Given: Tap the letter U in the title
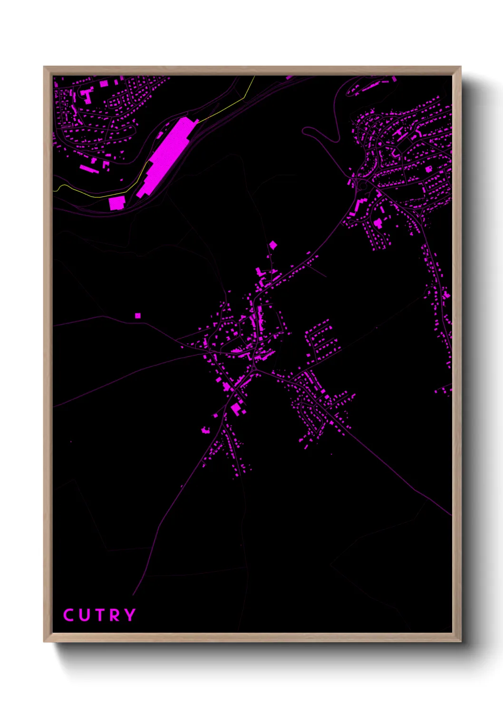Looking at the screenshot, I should [84, 615].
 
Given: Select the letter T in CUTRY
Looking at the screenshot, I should [99, 615].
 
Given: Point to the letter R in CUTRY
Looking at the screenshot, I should [114, 615].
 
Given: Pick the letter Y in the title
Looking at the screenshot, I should [130, 615].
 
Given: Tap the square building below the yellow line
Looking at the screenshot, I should [116, 203].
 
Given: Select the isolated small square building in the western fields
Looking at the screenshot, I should [138, 315].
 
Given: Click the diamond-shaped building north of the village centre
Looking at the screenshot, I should [273, 245].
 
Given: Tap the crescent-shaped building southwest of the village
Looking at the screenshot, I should [205, 430].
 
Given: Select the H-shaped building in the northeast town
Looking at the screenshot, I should [87, 95].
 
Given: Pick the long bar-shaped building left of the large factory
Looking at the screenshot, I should [87, 169].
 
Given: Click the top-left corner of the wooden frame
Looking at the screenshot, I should [44, 67].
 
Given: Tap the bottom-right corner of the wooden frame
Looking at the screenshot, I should [461, 641].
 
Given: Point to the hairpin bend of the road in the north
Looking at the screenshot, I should [307, 129].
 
